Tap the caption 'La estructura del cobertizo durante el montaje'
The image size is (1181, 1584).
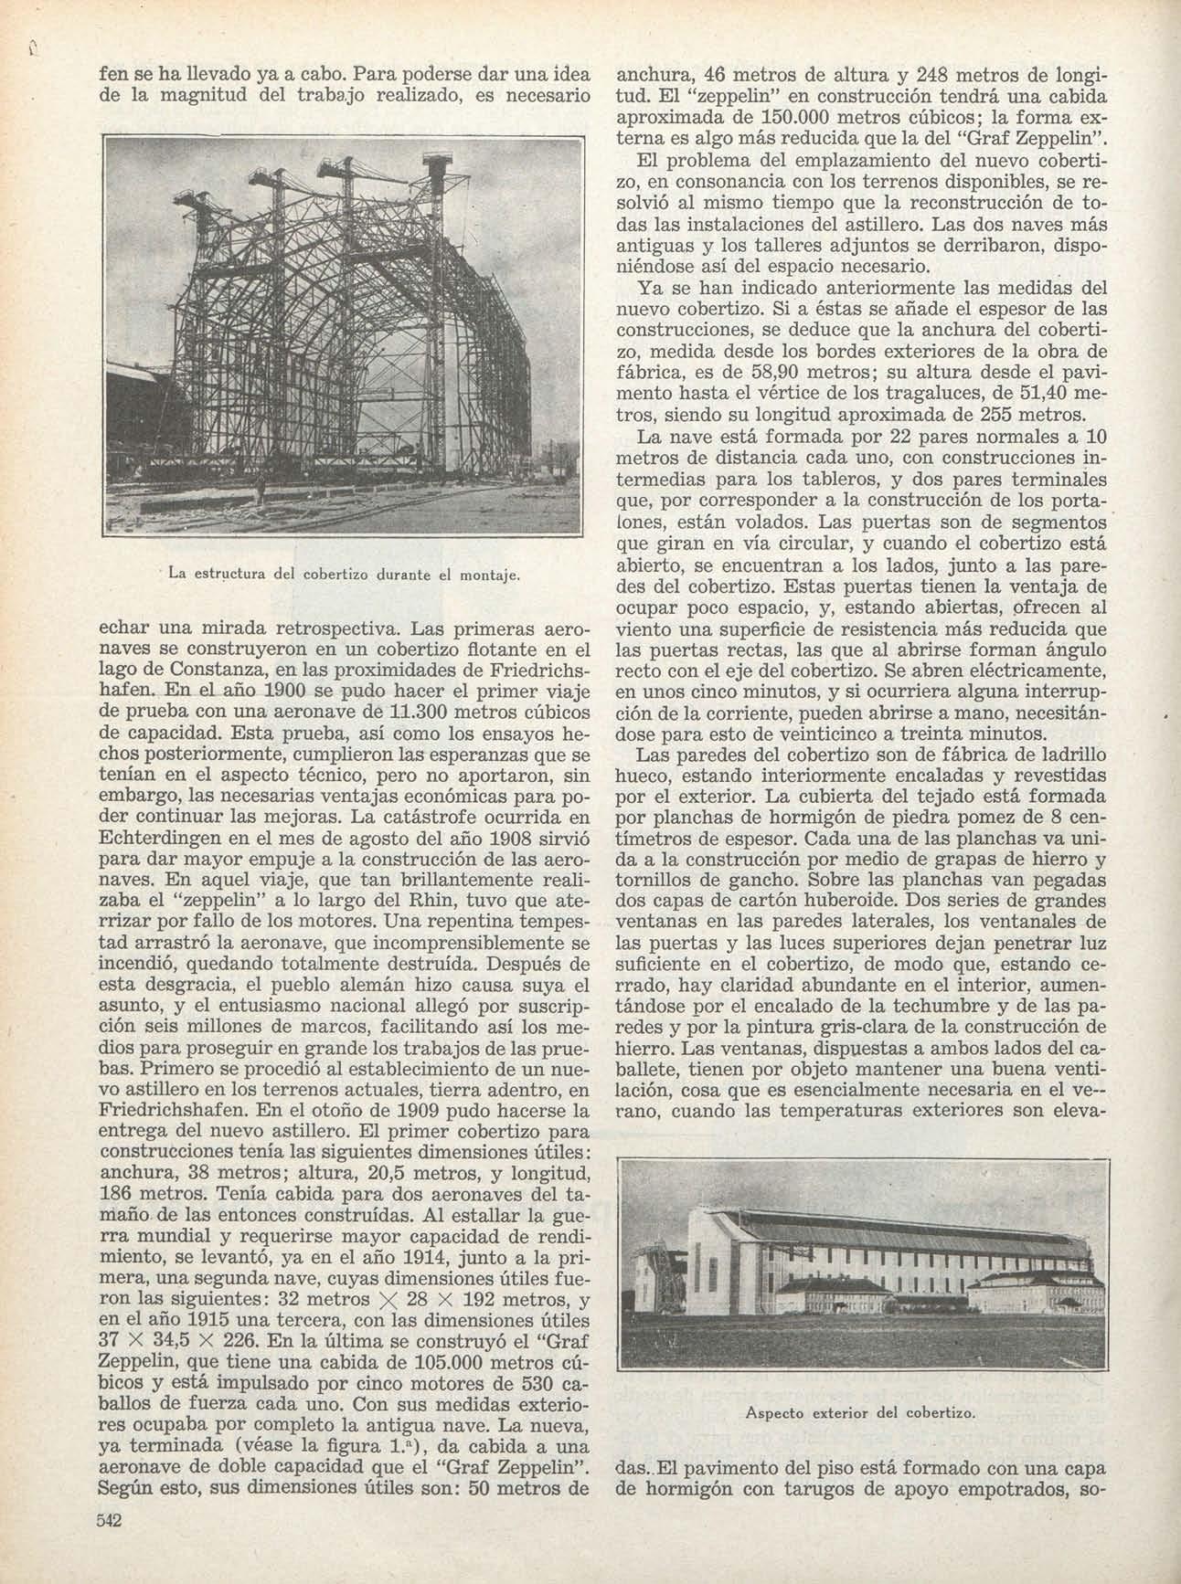click(x=345, y=574)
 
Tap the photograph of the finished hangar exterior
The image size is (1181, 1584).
click(x=860, y=1272)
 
